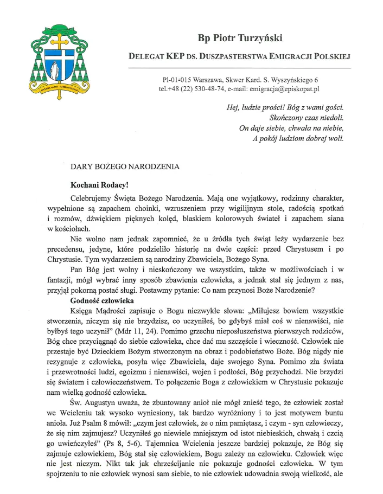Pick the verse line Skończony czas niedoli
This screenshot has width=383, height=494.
[307, 117]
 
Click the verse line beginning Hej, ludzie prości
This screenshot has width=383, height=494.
[285, 107]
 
